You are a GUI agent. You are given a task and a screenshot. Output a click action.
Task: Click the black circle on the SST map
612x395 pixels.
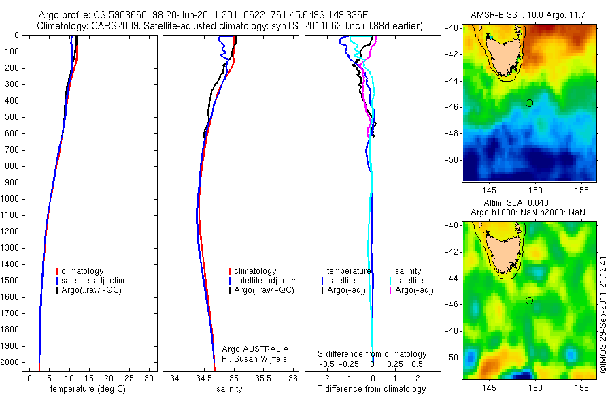point(529,103)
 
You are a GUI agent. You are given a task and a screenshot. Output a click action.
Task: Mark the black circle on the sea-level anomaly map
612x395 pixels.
point(529,301)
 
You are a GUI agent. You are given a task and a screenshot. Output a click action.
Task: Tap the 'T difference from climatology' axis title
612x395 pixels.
point(372,389)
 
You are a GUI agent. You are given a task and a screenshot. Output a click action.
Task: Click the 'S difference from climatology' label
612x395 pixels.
point(372,354)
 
